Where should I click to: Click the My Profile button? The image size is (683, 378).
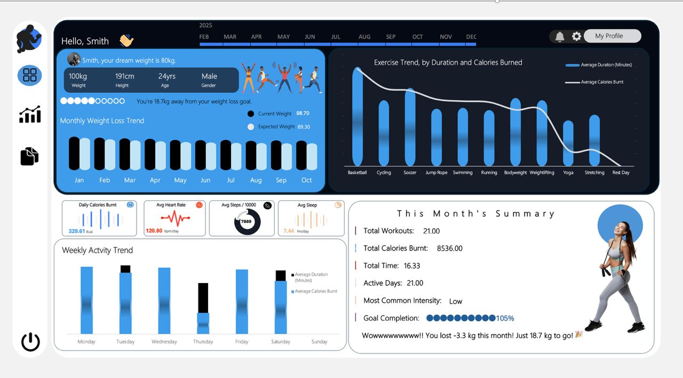tap(611, 36)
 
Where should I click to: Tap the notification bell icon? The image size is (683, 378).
tap(560, 36)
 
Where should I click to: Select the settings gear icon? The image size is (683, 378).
tap(576, 36)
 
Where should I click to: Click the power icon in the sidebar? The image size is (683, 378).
tap(30, 342)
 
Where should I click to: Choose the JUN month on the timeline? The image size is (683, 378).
tap(309, 37)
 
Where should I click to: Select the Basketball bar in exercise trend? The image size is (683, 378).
tap(357, 117)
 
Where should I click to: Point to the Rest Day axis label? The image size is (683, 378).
tap(621, 173)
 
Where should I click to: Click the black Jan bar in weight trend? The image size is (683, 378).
tap(74, 154)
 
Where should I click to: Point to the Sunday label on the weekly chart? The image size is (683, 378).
tap(319, 342)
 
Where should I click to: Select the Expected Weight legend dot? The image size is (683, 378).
tap(251, 127)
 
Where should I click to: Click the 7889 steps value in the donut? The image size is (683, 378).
tap(246, 221)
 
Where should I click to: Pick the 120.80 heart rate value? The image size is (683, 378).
tap(154, 231)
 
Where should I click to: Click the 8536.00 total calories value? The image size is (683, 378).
tap(449, 248)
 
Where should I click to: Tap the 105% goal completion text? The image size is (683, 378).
tap(505, 318)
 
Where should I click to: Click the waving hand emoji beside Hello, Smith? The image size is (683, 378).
tap(126, 41)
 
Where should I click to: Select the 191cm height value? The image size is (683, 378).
tap(125, 76)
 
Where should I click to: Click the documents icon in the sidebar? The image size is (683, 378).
tap(30, 156)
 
